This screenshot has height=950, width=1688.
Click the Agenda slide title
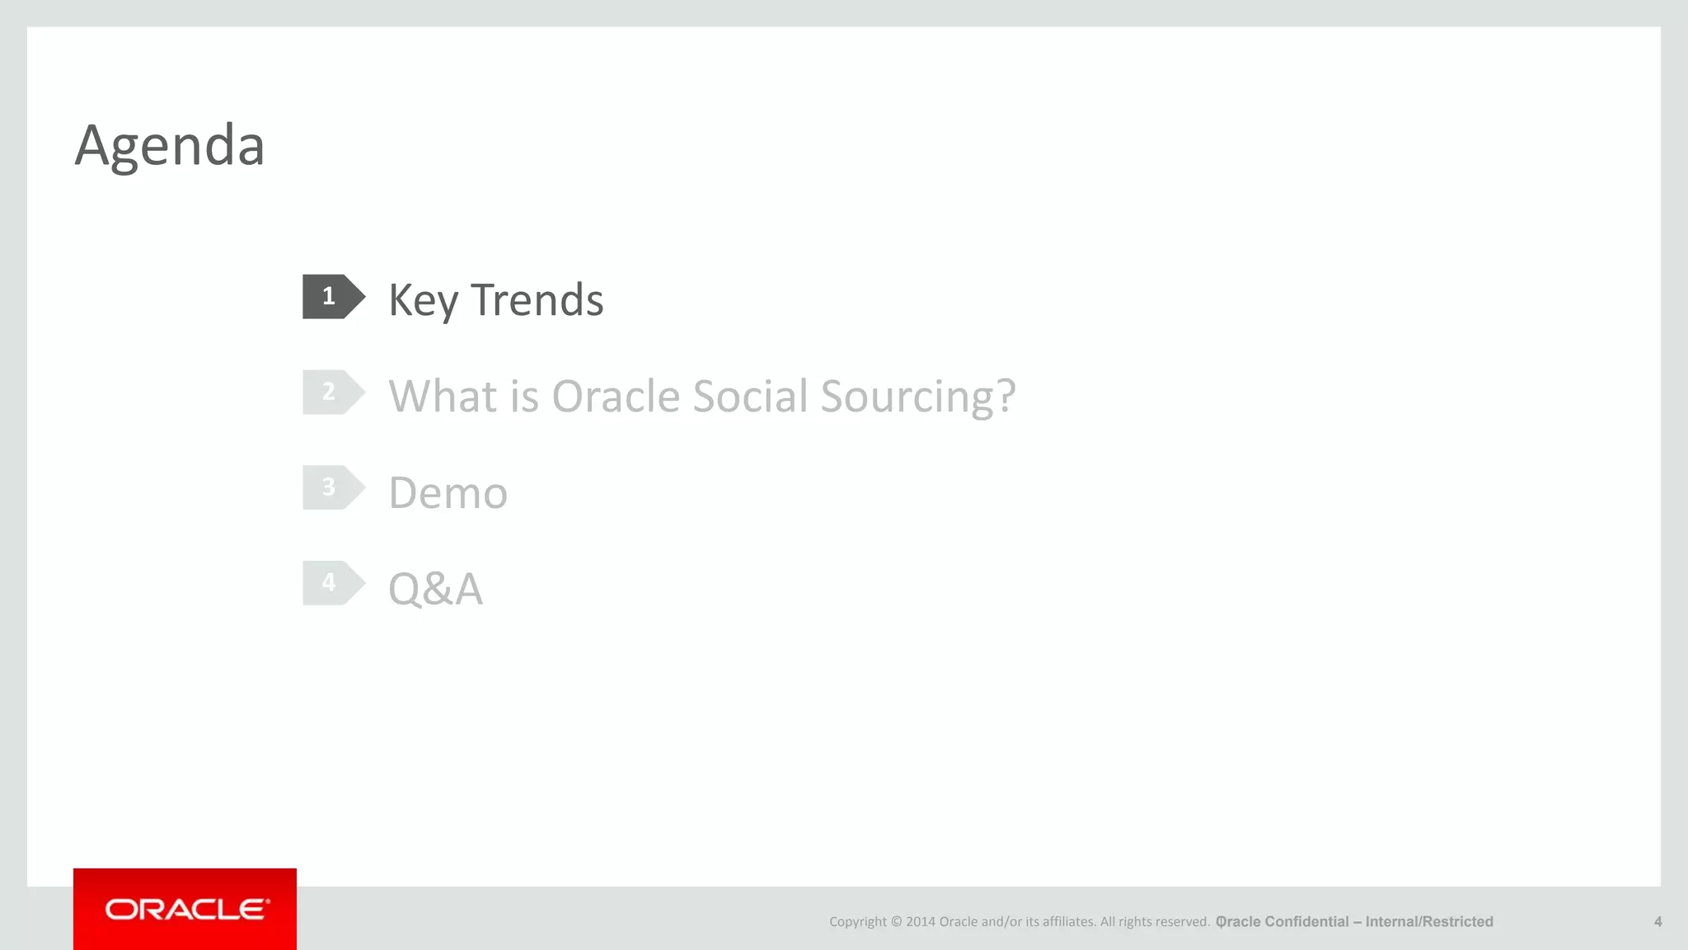coord(170,145)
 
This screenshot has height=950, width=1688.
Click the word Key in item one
coord(423,300)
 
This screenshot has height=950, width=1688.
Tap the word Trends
coord(537,300)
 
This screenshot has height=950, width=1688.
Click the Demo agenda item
coord(448,493)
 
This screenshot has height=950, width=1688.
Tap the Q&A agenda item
coord(435,589)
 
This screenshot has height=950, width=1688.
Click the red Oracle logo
coord(185,909)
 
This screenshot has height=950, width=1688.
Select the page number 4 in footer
coord(1658,922)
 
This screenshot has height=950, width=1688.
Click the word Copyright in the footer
coord(858,922)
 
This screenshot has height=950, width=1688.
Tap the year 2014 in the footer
coord(920,922)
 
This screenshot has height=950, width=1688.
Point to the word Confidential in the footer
coord(1306,922)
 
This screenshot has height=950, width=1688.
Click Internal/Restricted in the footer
coord(1429,922)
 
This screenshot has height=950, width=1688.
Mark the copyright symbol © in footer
coord(897,922)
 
